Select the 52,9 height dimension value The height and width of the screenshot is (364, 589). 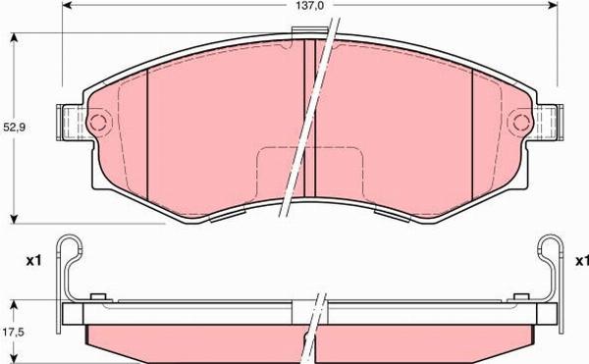tap(13, 127)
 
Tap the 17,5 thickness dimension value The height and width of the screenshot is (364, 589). tap(13, 333)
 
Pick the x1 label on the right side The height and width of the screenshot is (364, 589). tap(581, 261)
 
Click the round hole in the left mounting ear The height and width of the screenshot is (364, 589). tap(96, 124)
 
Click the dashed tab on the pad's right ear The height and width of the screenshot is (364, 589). tap(546, 124)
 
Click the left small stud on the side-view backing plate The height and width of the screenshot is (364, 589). tap(95, 296)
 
